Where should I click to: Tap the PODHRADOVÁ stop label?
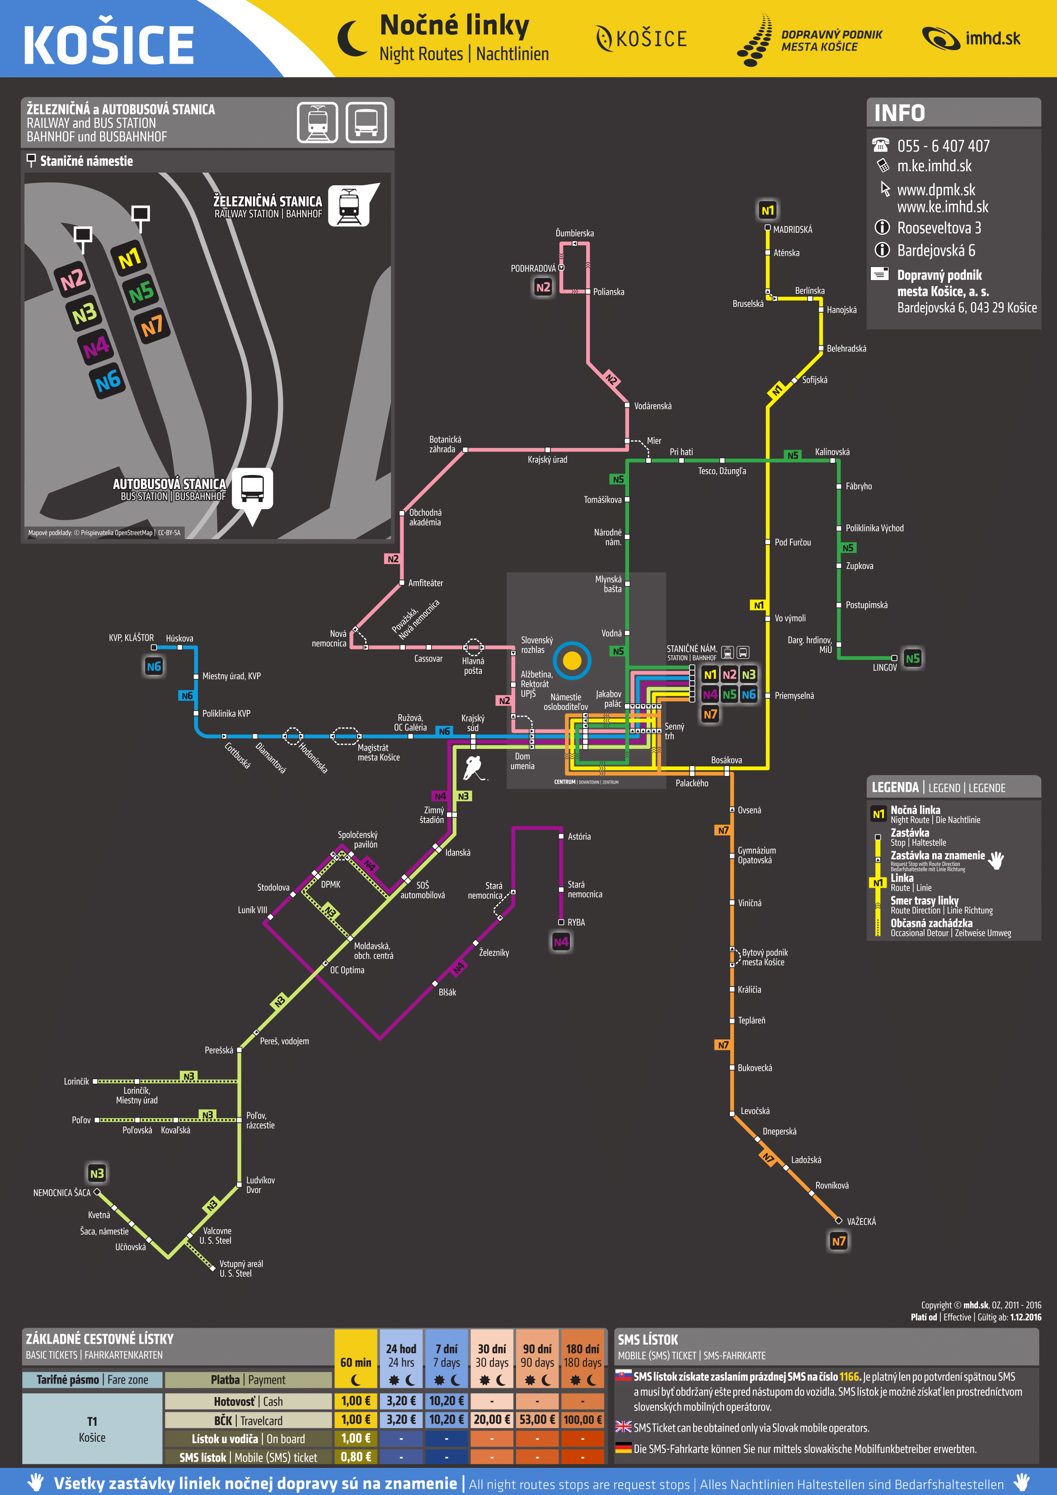point(533,268)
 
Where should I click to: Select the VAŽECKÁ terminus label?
point(861,1222)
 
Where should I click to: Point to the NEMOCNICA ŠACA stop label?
point(62,1193)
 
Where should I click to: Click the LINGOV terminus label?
point(884,668)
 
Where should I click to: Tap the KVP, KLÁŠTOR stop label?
point(131,638)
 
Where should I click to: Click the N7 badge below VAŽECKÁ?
point(838,1241)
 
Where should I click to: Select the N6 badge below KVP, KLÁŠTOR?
point(154,667)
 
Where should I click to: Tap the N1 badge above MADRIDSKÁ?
point(768,210)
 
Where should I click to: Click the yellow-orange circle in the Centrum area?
point(572,660)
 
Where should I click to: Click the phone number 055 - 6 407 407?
point(943,146)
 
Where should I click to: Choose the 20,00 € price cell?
point(491,1420)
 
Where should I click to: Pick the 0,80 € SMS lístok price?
point(356,1457)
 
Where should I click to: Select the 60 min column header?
point(356,1362)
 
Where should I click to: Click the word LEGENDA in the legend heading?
point(895,787)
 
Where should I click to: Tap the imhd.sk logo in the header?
point(971,39)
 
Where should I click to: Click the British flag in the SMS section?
point(623,1427)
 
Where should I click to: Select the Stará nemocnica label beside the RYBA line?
point(584,889)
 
